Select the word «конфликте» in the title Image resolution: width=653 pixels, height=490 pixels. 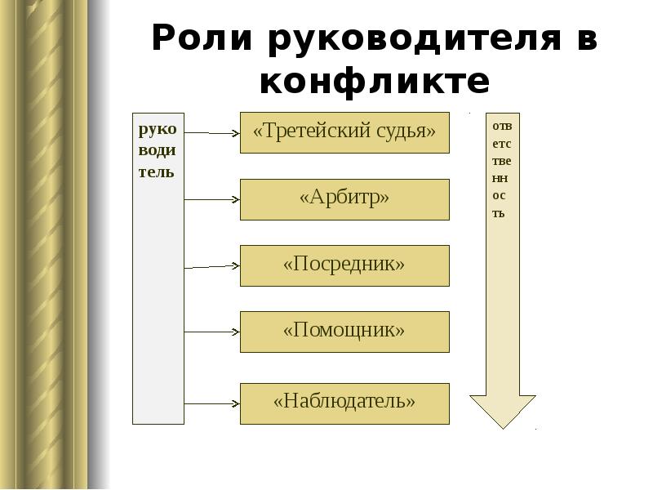pos(375,82)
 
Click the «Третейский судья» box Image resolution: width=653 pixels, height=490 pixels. pos(344,132)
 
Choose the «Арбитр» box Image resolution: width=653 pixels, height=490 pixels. pos(344,199)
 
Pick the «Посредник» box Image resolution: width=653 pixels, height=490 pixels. pos(344,265)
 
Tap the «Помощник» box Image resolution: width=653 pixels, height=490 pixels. pos(344,332)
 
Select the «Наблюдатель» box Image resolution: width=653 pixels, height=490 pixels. pos(344,403)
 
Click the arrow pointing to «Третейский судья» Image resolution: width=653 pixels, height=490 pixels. pos(212,132)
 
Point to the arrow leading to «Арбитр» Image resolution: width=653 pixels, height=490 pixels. pos(212,199)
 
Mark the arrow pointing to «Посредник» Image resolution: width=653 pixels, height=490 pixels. pos(212,266)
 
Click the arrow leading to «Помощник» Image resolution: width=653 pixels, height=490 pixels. pos(212,332)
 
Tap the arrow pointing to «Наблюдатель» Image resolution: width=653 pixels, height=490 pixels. pos(212,404)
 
